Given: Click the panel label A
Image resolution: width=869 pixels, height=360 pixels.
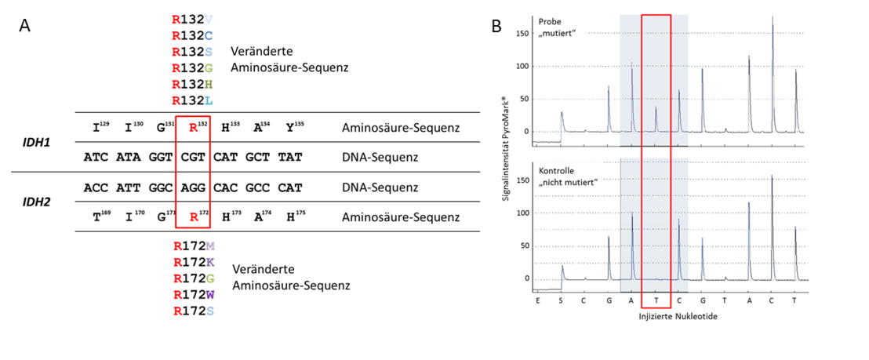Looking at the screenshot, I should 26,25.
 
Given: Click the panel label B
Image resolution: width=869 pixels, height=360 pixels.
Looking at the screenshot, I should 496,26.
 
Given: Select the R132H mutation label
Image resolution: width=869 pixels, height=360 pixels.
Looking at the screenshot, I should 192,85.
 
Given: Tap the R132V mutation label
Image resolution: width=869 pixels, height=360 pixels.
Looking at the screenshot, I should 192,18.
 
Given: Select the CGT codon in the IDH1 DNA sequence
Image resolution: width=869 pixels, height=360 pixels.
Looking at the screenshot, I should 193,158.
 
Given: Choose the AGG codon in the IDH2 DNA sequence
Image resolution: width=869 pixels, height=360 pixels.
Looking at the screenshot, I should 193,188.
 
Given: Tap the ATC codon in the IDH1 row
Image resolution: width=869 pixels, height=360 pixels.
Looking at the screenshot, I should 96,158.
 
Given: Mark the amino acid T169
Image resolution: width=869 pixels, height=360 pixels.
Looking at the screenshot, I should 100,218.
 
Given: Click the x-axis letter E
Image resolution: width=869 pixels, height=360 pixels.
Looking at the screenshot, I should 538,300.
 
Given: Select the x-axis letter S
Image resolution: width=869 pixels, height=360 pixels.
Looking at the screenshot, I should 562,300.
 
